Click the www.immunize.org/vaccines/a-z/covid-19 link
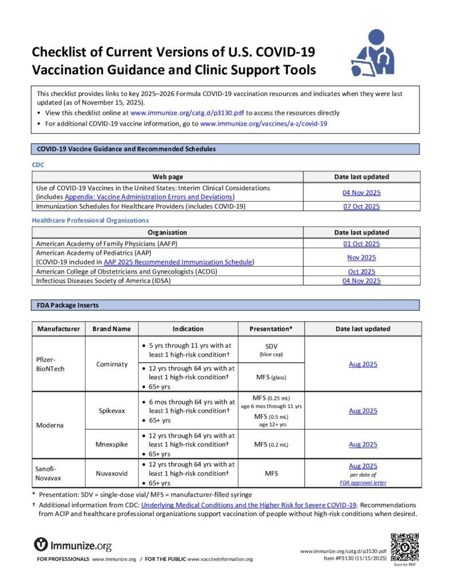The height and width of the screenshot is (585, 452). pyautogui.click(x=263, y=123)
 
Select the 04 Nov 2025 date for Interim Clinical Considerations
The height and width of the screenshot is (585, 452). pyautogui.click(x=361, y=193)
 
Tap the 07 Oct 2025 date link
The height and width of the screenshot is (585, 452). pyautogui.click(x=361, y=206)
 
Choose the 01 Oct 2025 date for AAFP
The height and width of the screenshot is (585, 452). pyautogui.click(x=361, y=244)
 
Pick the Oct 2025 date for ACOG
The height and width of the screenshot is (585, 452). pyautogui.click(x=361, y=271)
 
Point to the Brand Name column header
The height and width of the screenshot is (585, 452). pyautogui.click(x=111, y=328)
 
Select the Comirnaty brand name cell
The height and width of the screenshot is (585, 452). pyautogui.click(x=111, y=364)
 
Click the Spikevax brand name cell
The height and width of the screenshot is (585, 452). pyautogui.click(x=111, y=411)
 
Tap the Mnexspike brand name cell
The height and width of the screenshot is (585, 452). pyautogui.click(x=111, y=444)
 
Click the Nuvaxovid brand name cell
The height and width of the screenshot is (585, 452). pyautogui.click(x=111, y=474)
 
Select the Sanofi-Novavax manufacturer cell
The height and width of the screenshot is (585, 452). pyautogui.click(x=49, y=474)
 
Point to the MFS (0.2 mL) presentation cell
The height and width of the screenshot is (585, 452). pyautogui.click(x=271, y=444)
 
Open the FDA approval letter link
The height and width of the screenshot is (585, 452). pyautogui.click(x=363, y=482)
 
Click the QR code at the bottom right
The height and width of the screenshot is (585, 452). pyautogui.click(x=405, y=547)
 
